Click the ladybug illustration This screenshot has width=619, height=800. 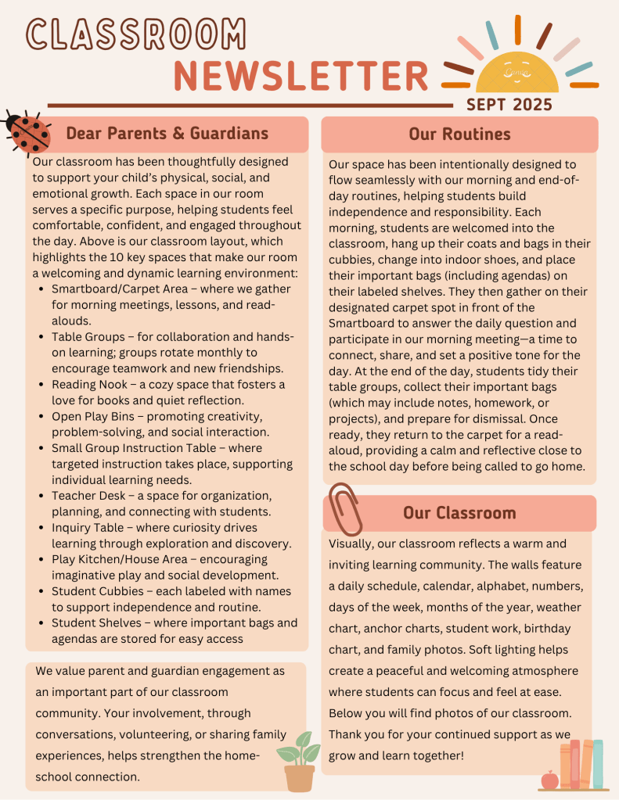pyautogui.click(x=27, y=132)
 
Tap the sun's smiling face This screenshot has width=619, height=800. pyautogui.click(x=517, y=73)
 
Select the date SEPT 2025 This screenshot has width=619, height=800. pyautogui.click(x=509, y=104)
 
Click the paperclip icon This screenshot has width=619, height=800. pyautogui.click(x=344, y=508)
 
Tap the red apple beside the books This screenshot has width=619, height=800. pyautogui.click(x=549, y=779)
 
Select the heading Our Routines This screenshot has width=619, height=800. pyautogui.click(x=459, y=135)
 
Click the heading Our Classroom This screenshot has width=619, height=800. pyautogui.click(x=459, y=513)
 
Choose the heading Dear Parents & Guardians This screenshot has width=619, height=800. pyautogui.click(x=167, y=133)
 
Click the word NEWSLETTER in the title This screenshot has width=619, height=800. pyautogui.click(x=301, y=76)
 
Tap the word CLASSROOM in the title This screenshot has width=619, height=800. pyautogui.click(x=135, y=33)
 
